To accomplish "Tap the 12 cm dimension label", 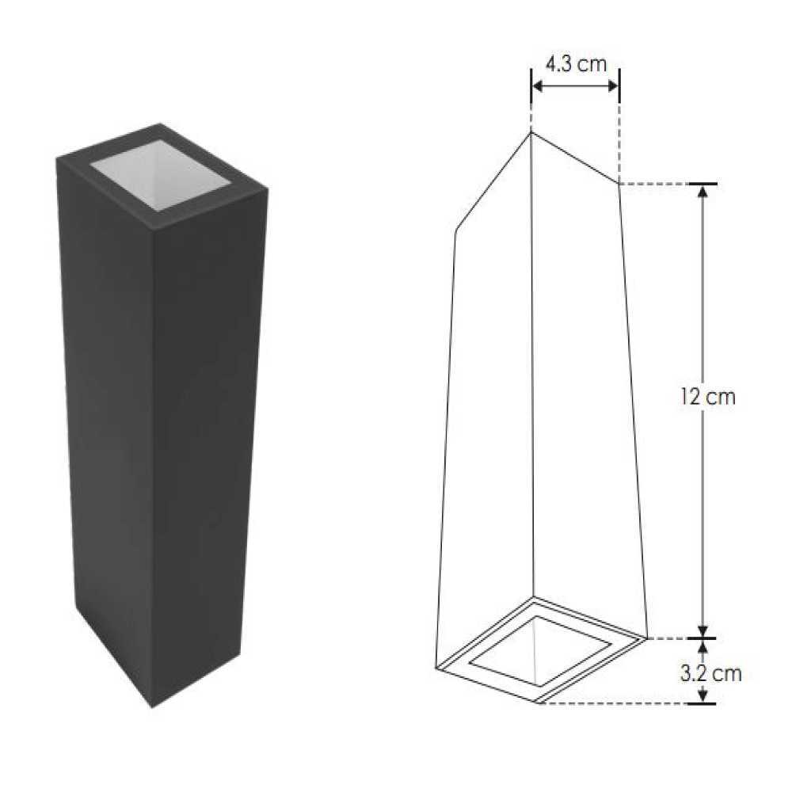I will pyautogui.click(x=707, y=397).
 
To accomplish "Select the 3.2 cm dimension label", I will pyautogui.click(x=710, y=674).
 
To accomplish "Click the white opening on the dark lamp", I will pyautogui.click(x=160, y=173).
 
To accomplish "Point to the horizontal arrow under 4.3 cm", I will pyautogui.click(x=575, y=86).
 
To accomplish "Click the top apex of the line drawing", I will pyautogui.click(x=531, y=132).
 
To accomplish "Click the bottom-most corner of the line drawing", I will pyautogui.click(x=538, y=703).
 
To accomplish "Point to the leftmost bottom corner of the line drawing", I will pyautogui.click(x=436, y=668).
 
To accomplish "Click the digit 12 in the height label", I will pyautogui.click(x=688, y=397).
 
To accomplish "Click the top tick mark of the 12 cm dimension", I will pyautogui.click(x=702, y=184).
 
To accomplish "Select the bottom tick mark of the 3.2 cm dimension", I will pyautogui.click(x=702, y=703).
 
